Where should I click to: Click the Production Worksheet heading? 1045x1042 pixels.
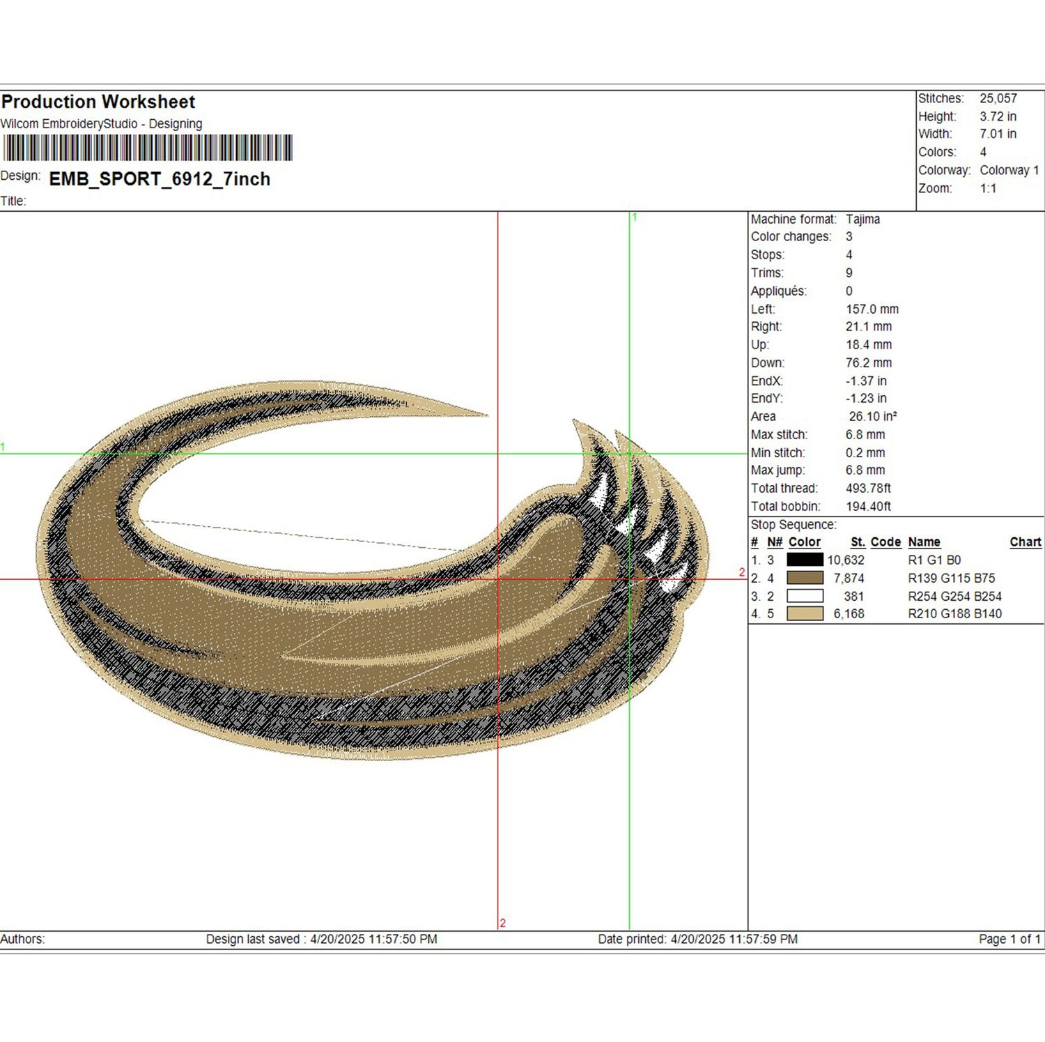(x=98, y=102)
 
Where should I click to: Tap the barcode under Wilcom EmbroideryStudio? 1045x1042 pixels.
(x=148, y=148)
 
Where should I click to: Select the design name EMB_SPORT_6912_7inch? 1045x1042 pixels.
(x=160, y=179)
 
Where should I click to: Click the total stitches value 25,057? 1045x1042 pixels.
(x=998, y=98)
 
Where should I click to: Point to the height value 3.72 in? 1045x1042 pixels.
(x=998, y=116)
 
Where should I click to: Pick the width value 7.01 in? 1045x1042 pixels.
(x=998, y=134)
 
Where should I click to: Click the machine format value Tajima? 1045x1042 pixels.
(x=862, y=219)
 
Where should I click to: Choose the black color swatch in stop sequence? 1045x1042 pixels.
(x=805, y=560)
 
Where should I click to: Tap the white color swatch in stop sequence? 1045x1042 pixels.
(x=805, y=596)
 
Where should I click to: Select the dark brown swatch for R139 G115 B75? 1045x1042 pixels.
(x=805, y=578)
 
